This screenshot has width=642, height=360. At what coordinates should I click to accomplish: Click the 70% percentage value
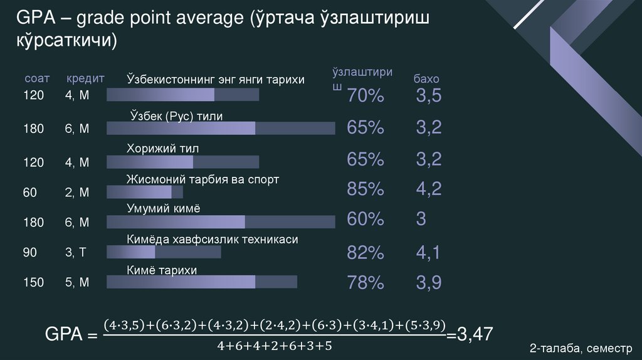coord(365,97)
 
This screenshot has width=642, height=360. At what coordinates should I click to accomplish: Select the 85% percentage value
coord(365,189)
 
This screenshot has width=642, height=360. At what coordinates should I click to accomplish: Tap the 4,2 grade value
coord(429,189)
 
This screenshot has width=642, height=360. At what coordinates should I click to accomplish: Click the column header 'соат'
coord(37,79)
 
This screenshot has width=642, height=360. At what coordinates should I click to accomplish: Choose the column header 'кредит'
coord(85,79)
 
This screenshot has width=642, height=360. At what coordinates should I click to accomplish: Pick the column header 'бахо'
coord(426,80)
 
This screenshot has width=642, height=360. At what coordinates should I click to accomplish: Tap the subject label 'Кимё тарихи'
coord(162,270)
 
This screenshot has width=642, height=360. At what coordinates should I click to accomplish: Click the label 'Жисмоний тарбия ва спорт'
coord(203,179)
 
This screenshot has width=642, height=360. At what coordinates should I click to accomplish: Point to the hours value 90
coord(31,253)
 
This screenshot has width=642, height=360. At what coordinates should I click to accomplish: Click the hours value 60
coord(31,193)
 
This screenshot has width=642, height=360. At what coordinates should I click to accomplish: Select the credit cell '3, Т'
coord(76,253)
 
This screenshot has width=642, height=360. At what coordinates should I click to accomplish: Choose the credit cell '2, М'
coord(77,193)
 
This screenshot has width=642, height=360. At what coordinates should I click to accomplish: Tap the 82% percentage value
coord(365,253)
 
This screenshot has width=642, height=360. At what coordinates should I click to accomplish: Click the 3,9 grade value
coord(429,283)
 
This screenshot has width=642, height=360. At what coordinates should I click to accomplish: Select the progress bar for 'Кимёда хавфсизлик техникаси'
coord(164,252)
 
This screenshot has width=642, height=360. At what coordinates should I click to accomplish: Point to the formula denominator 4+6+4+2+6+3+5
coord(274,346)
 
